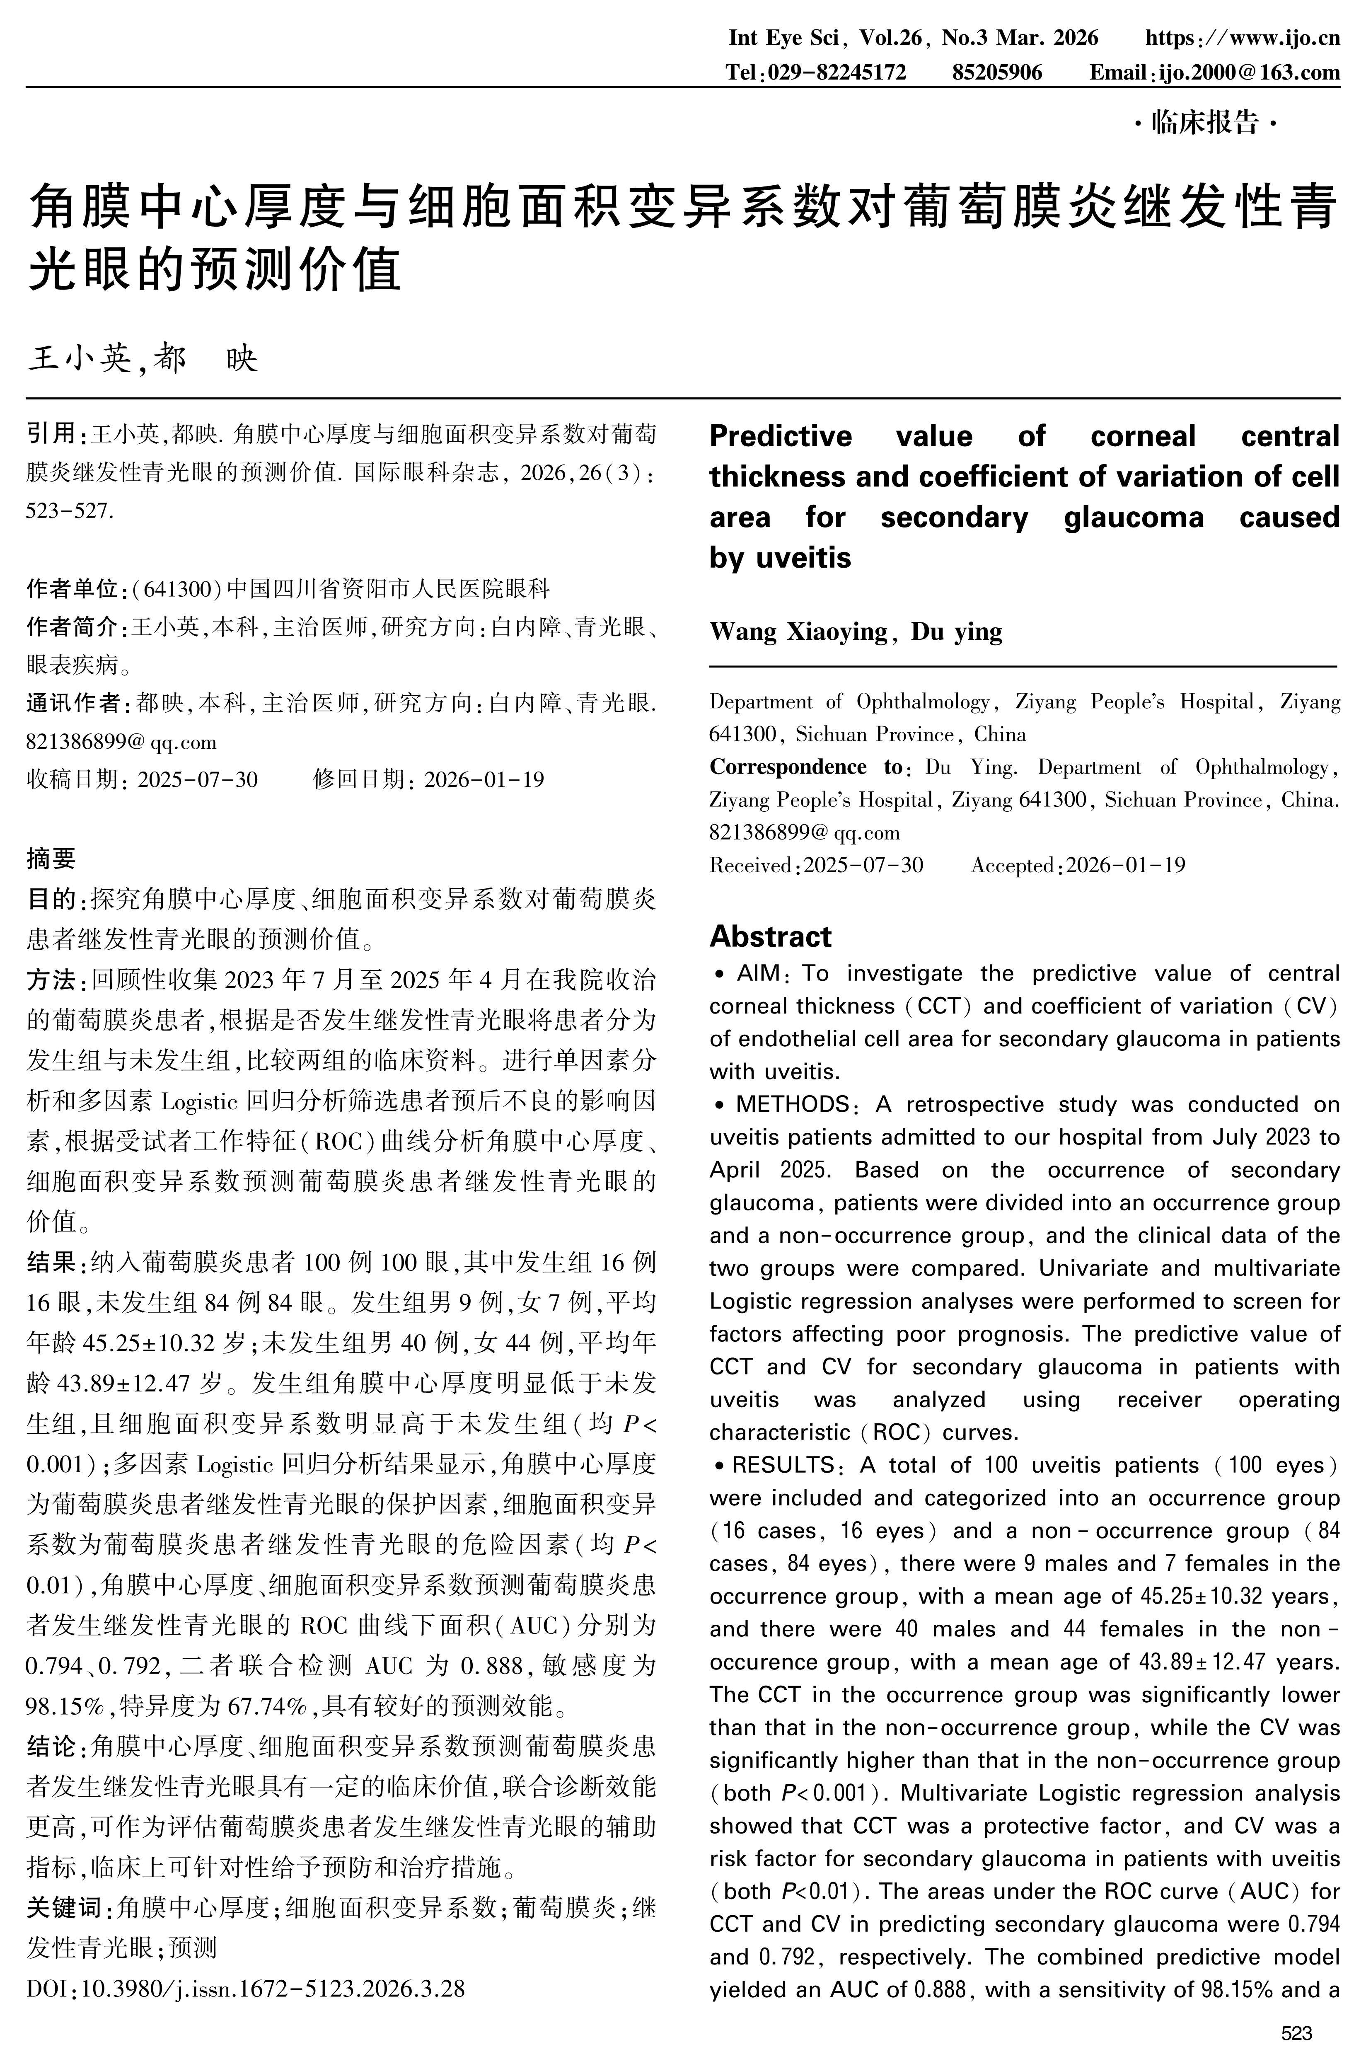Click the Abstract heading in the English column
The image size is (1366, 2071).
tap(770, 936)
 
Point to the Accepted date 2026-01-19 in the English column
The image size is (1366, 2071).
tap(1126, 865)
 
